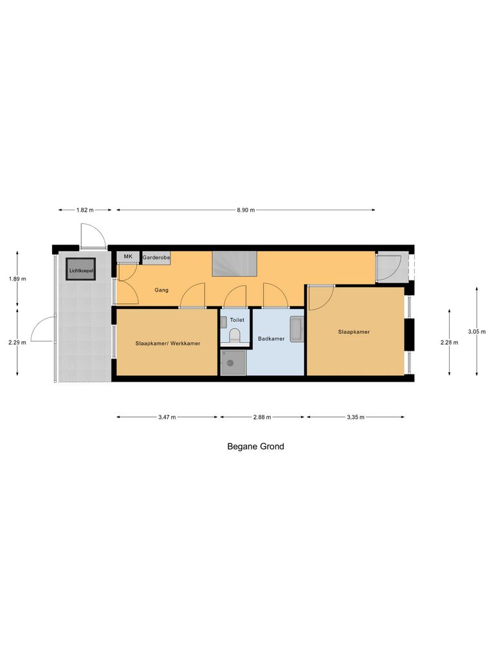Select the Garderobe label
pos(156,257)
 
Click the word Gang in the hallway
pos(161,290)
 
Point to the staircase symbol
pos(234,264)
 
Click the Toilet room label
pos(237,319)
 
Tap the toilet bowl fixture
pos(235,335)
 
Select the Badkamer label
pos(271,339)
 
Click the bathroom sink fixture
pos(297,329)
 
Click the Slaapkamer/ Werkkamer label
pos(168,344)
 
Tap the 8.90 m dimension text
pos(246,210)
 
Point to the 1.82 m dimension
pos(85,210)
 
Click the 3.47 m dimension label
pos(167,417)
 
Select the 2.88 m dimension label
pos(262,417)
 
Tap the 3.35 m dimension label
pos(356,417)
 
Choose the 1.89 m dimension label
pos(17,279)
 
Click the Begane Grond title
pos(255,446)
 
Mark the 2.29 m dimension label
pos(17,342)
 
